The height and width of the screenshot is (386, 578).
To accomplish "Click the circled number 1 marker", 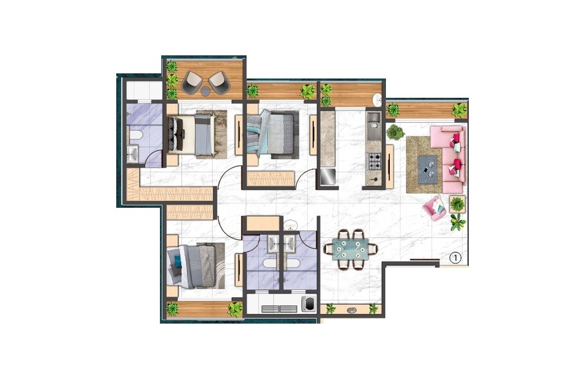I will pos(455,258).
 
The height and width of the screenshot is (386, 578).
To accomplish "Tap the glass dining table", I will pos(351,248).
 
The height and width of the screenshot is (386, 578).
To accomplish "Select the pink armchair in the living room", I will pos(433,208).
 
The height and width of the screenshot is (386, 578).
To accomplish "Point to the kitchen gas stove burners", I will pos(374,161).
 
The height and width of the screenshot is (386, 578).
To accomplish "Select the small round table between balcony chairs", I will pos(205,91).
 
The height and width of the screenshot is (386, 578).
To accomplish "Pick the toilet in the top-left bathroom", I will pos(136,134).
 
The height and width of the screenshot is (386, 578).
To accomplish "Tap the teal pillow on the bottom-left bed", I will pos(177,261).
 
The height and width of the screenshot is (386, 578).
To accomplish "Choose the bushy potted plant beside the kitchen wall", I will pos(395,133).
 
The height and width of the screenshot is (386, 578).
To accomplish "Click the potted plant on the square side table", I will pos(457,205).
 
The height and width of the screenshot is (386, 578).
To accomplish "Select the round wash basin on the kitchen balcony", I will pos(378,100).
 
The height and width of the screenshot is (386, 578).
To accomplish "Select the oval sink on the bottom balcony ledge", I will pos(351,309).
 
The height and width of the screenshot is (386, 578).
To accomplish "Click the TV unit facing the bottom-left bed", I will pos(238,269).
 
